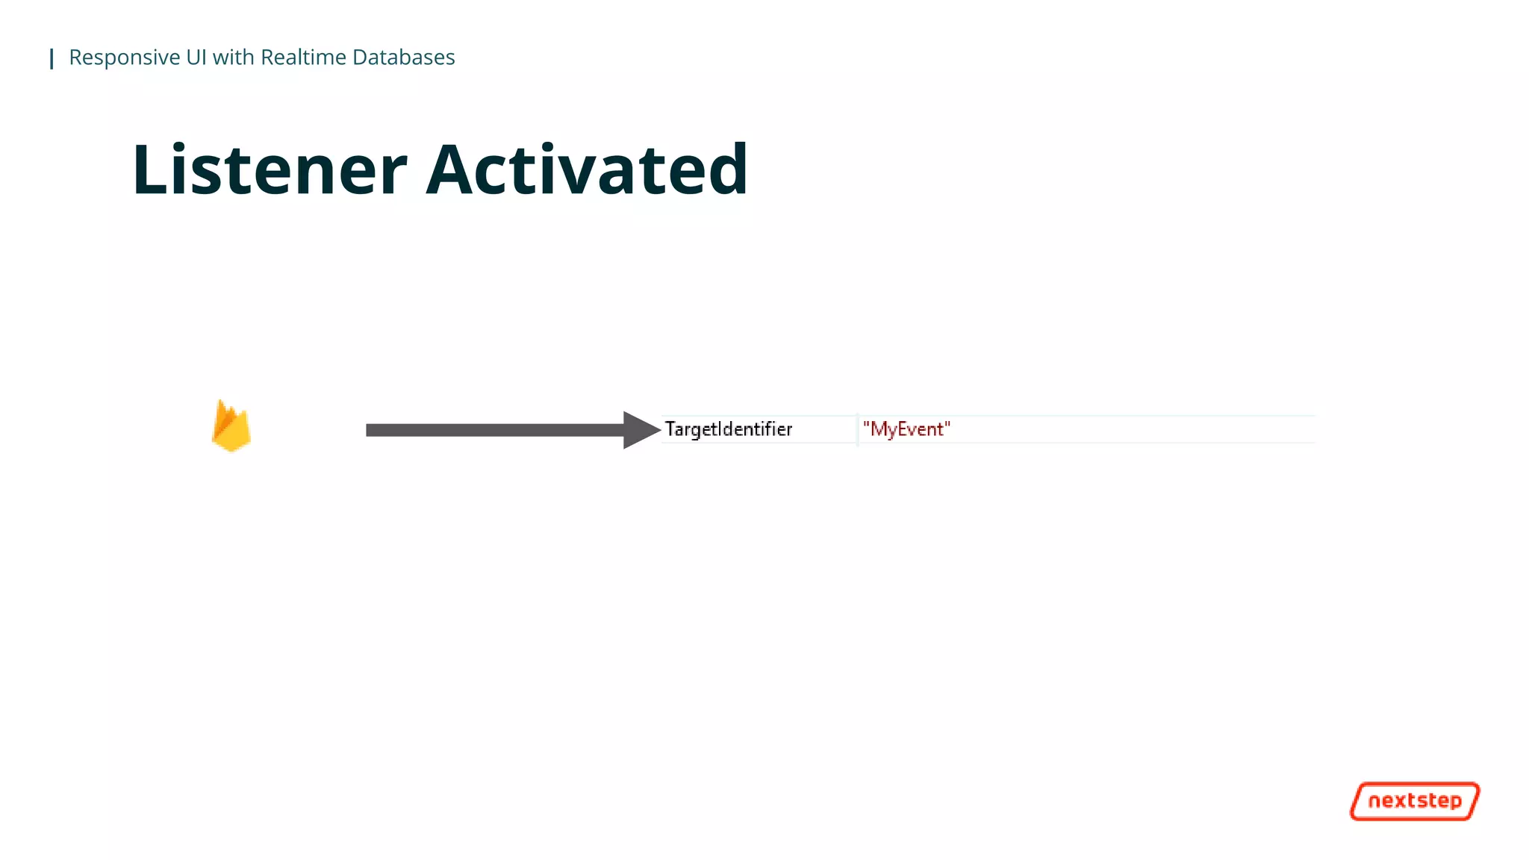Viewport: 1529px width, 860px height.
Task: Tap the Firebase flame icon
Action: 231,426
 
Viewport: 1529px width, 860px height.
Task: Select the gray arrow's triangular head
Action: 640,430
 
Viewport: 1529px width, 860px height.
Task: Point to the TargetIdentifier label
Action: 728,429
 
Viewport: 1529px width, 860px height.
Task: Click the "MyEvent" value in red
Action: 906,429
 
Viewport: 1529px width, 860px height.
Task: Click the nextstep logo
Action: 1415,801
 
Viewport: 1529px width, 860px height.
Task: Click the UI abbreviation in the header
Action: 196,57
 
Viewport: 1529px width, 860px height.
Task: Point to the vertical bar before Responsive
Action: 52,58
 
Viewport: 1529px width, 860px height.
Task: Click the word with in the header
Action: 233,57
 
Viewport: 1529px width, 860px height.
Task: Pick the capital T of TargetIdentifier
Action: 670,429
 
